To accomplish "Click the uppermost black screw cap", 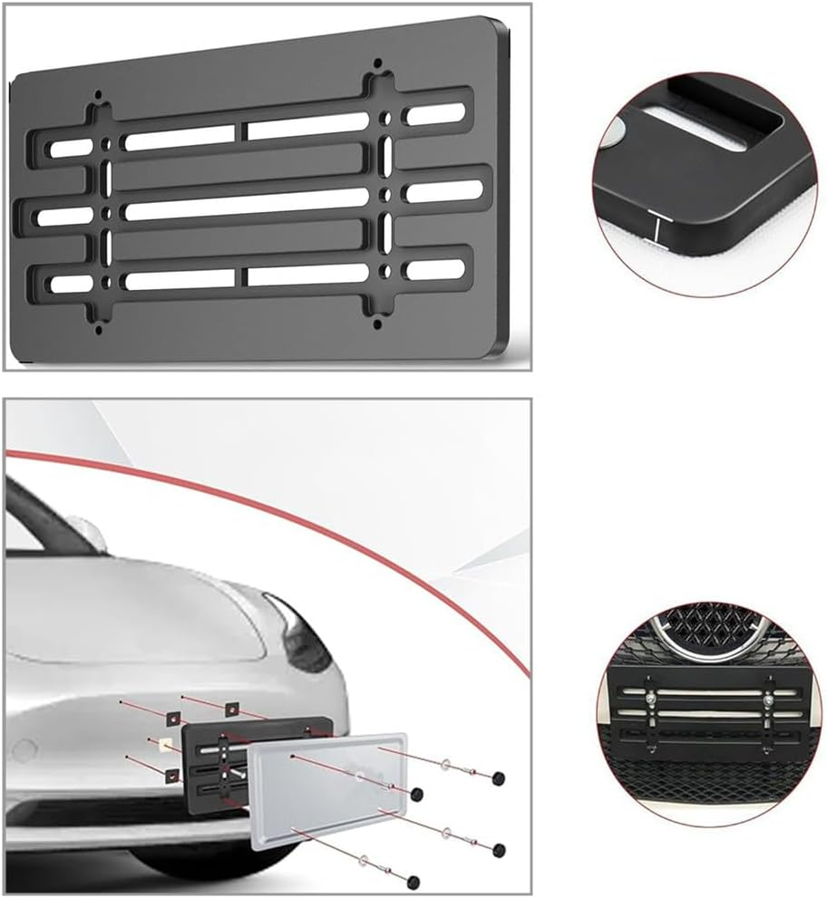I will (x=498, y=778).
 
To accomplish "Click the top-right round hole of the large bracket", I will (x=378, y=66).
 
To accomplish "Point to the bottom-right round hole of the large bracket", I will (x=378, y=319).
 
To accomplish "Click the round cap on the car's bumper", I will (x=24, y=751).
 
